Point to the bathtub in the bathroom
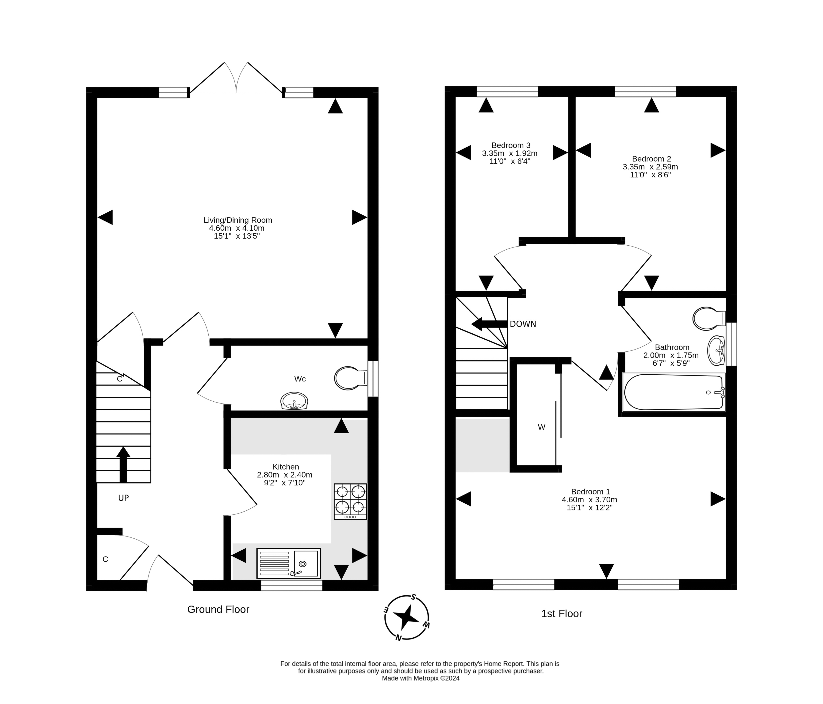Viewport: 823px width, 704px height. tap(673, 392)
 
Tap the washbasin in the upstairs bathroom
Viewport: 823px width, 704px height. tap(716, 351)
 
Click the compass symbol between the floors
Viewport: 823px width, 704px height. tap(406, 617)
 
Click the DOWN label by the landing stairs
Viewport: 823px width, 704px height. tap(523, 324)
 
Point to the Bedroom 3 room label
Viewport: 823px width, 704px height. tap(510, 145)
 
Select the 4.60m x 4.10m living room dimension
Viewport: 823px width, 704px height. tap(237, 228)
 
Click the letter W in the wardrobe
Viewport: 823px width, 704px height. tap(541, 427)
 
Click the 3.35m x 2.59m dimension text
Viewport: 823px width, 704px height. tap(650, 167)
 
